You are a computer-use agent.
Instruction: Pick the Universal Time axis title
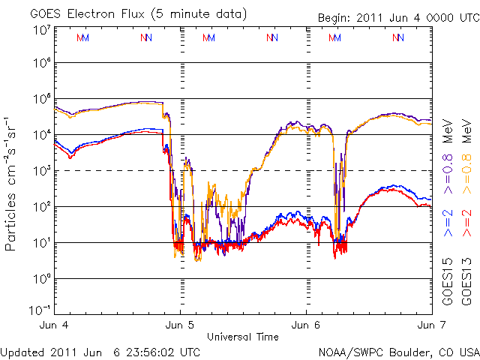(x=243, y=337)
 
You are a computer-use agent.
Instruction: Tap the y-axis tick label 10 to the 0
(x=42, y=279)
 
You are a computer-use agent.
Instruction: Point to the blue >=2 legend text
(x=448, y=223)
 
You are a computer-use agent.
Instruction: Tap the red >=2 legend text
(x=466, y=223)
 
